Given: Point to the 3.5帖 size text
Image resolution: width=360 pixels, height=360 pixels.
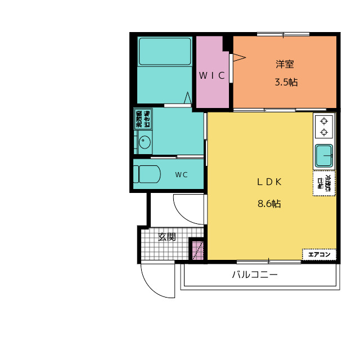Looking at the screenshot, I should point(286,82).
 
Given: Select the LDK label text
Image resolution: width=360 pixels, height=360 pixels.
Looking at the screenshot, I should point(269,182).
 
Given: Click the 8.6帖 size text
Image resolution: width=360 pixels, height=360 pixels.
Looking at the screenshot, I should point(269,204).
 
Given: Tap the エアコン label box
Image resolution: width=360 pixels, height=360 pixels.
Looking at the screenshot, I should point(319,255).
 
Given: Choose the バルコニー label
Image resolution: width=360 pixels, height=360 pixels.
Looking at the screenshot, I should point(255,276).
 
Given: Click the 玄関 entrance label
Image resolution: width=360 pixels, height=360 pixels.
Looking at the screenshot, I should point(166,237).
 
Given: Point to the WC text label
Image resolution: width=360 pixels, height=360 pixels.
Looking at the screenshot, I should point(181,175).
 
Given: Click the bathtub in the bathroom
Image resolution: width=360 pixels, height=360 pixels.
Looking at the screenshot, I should point(165,52).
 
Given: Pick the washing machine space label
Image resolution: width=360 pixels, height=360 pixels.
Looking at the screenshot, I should point(143,120).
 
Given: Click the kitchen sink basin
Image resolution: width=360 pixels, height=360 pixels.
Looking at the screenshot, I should point(323,155).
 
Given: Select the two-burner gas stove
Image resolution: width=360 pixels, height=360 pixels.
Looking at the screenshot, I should point(324,126).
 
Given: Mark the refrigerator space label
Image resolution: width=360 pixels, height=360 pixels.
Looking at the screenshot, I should point(324,183).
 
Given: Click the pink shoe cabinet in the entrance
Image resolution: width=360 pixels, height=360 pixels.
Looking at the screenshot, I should point(196,250).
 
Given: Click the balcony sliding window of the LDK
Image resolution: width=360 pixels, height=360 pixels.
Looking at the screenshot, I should point(269,261).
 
